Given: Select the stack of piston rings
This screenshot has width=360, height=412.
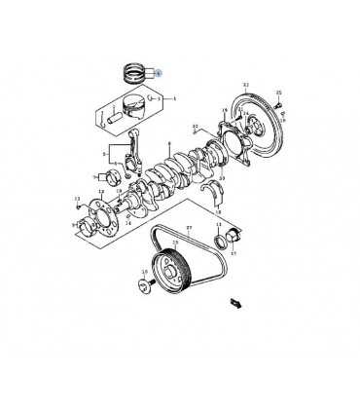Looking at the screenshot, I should coord(134,70).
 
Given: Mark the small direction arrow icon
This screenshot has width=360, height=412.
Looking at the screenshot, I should coord(234,304).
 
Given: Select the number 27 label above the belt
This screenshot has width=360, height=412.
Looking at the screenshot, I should coord(189,226).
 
